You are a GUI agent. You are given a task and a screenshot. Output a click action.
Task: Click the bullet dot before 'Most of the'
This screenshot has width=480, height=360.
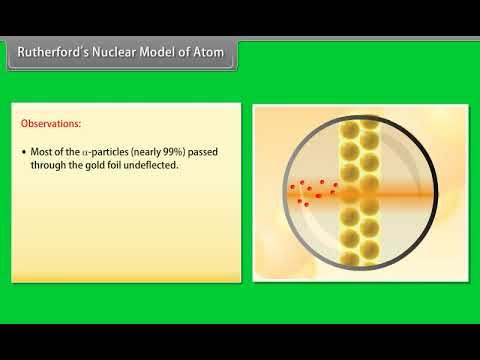click(x=22, y=153)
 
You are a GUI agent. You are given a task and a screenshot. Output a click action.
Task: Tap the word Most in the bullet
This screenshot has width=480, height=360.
click(x=41, y=153)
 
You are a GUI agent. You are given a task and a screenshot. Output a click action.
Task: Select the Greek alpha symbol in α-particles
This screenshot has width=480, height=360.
click(x=93, y=153)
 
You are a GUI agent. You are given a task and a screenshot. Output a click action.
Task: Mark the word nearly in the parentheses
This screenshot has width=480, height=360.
click(x=155, y=153)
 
